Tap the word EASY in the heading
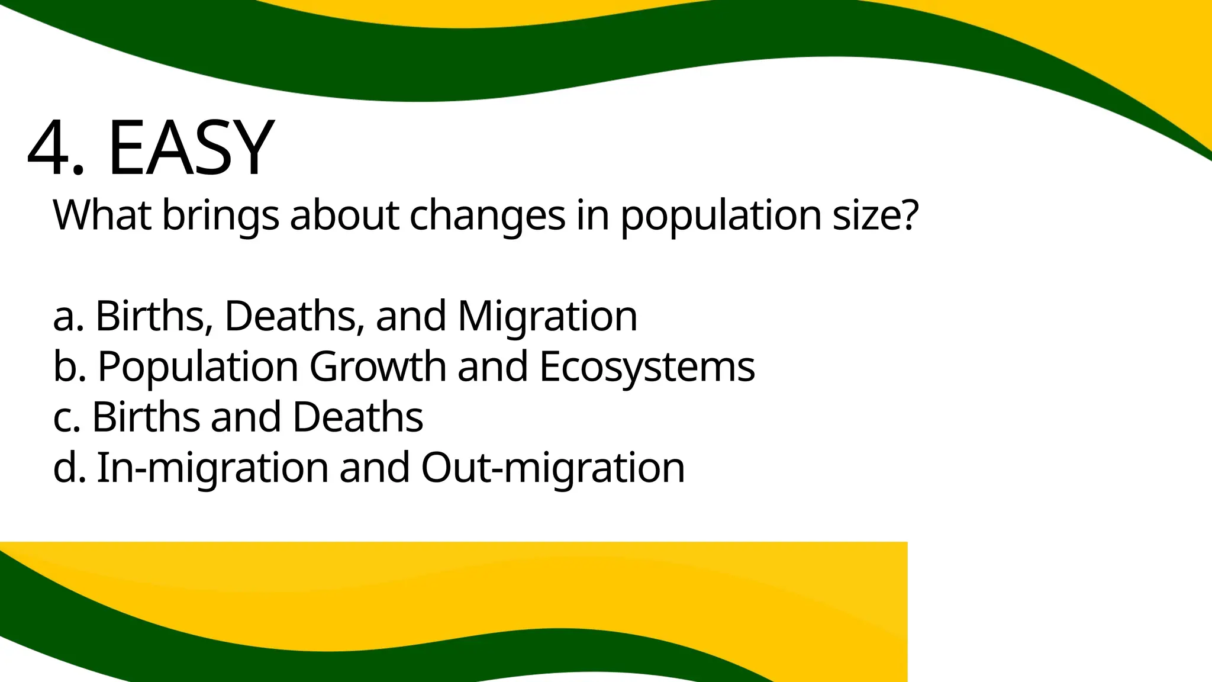191,148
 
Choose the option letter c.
64,417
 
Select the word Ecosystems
647,367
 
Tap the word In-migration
212,468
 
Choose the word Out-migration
553,468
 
